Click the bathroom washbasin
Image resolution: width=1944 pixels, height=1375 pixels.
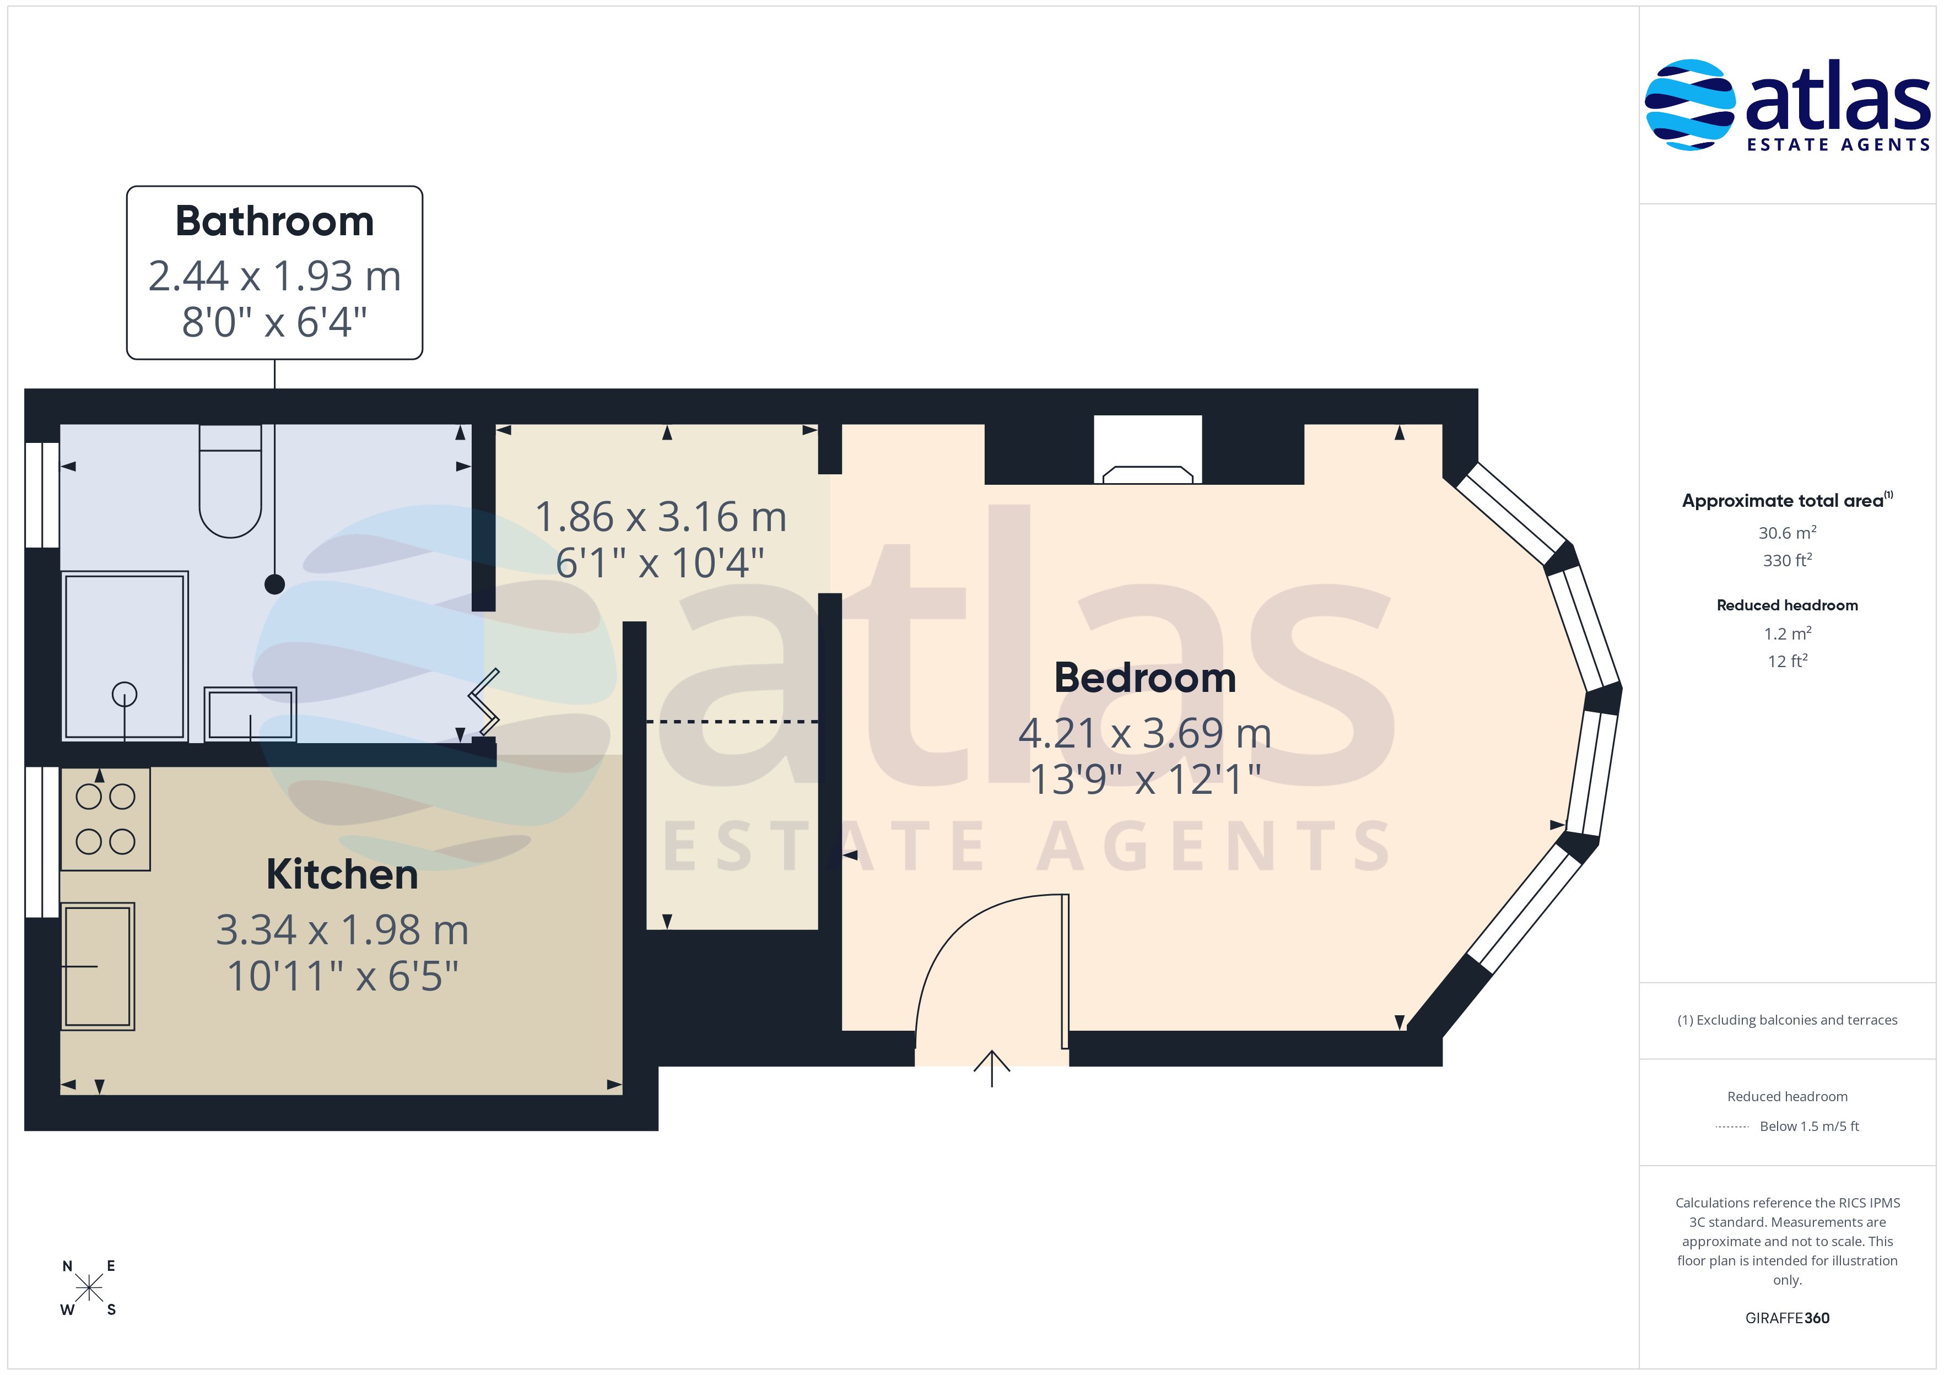(251, 714)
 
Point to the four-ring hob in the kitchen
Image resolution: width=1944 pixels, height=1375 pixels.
(106, 819)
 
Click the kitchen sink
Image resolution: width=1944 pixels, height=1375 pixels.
(98, 966)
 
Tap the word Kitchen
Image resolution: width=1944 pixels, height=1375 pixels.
(342, 875)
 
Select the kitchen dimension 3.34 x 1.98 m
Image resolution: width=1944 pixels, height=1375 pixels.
(342, 930)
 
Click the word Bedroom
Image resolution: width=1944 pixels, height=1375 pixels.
(1144, 678)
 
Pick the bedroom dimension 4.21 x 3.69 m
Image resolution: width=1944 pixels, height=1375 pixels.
(1144, 733)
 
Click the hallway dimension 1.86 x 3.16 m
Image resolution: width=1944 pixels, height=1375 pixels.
(661, 517)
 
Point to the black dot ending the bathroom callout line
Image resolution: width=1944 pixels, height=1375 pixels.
(274, 584)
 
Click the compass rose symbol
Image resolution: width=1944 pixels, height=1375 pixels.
(89, 1289)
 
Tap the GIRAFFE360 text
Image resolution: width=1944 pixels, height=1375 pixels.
(1788, 1318)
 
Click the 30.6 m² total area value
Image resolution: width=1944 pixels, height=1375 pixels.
(1788, 533)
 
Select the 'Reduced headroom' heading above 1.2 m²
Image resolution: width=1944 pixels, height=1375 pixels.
(1788, 605)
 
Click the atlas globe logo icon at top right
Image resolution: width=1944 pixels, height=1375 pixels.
(1690, 105)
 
